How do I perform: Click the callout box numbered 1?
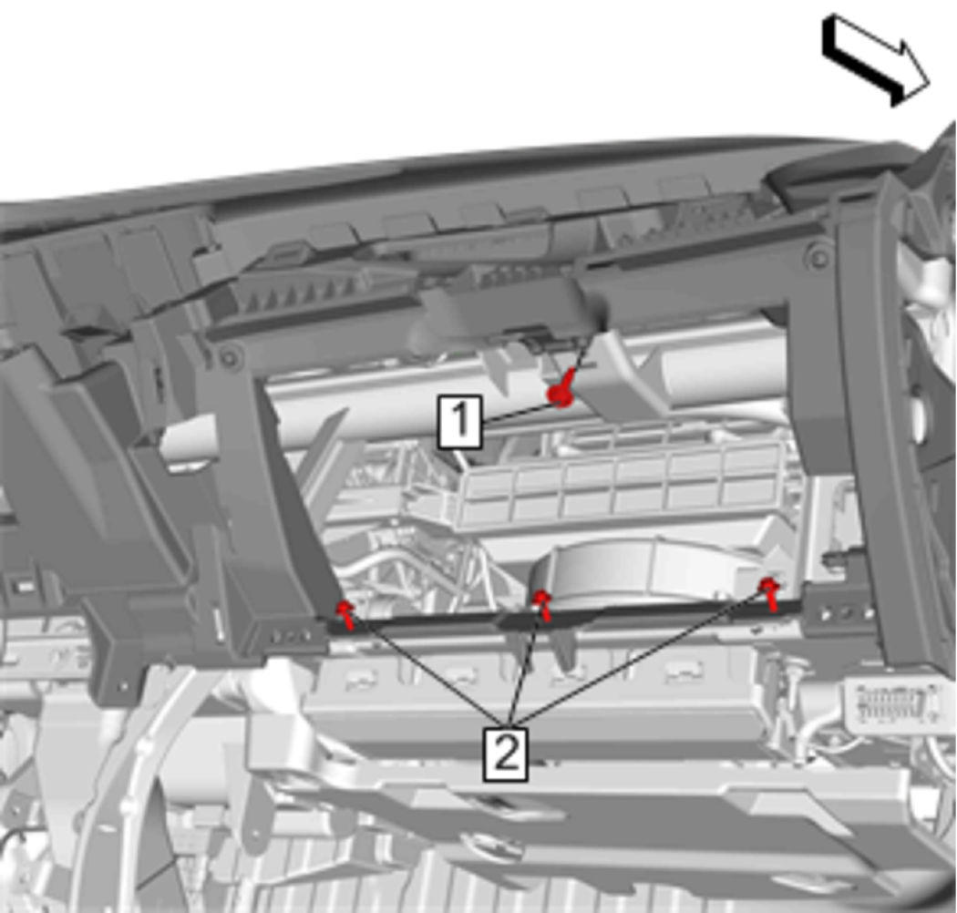pyautogui.click(x=460, y=422)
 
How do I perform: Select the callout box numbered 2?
pyautogui.click(x=506, y=754)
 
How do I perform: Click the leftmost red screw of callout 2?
pyautogui.click(x=346, y=613)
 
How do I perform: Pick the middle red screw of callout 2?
pyautogui.click(x=542, y=603)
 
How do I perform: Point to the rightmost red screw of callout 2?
pyautogui.click(x=770, y=592)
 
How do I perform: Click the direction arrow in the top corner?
pyautogui.click(x=876, y=60)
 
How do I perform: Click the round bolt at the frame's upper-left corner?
pyautogui.click(x=229, y=357)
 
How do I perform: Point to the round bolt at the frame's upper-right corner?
pyautogui.click(x=818, y=257)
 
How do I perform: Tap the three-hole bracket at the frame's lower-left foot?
pyautogui.click(x=287, y=635)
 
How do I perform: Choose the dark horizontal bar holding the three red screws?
pyautogui.click(x=564, y=615)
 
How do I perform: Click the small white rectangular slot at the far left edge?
pyautogui.click(x=25, y=587)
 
